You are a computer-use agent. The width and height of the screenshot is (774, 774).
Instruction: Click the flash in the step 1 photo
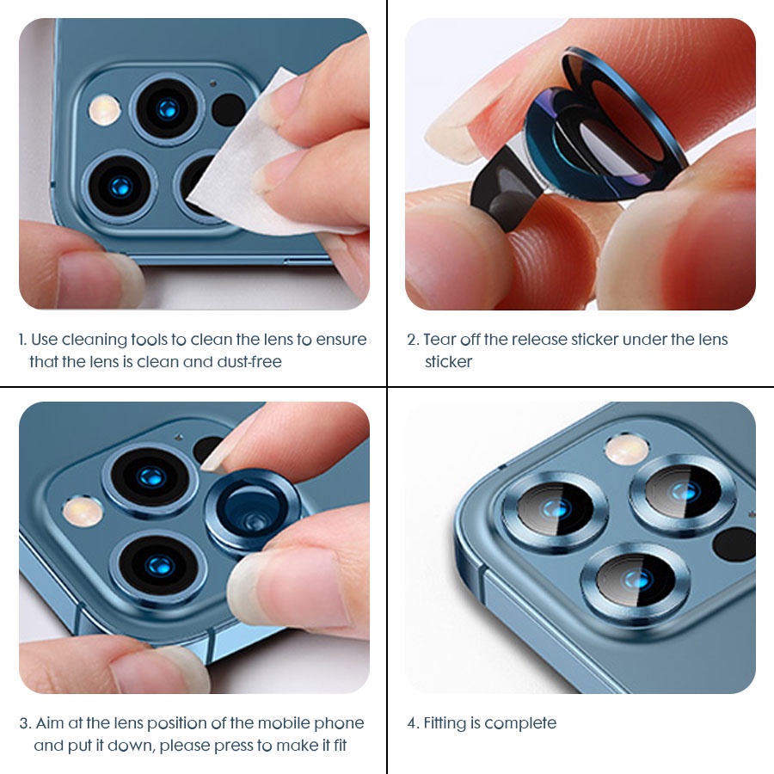pyautogui.click(x=105, y=109)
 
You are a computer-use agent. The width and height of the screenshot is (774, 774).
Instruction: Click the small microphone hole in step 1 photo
pyautogui.click(x=213, y=84)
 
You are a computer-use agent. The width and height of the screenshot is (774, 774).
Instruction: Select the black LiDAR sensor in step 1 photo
pyautogui.click(x=229, y=109)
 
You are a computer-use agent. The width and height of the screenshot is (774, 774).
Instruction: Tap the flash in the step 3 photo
pyautogui.click(x=83, y=512)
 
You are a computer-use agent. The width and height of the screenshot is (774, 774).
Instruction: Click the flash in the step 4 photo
pyautogui.click(x=627, y=450)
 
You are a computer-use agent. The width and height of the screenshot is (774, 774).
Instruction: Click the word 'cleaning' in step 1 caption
pyautogui.click(x=95, y=340)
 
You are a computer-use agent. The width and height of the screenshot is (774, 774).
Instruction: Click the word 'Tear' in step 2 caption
pyautogui.click(x=439, y=340)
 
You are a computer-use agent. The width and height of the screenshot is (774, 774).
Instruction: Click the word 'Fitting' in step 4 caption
pyautogui.click(x=445, y=723)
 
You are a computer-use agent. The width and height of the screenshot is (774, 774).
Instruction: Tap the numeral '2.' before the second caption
pyautogui.click(x=413, y=340)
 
